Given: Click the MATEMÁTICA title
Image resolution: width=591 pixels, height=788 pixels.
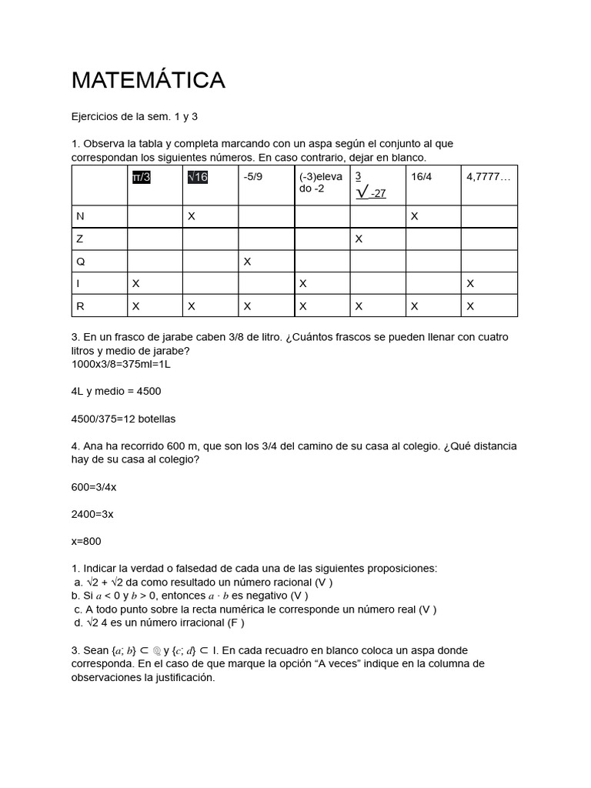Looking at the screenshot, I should (148, 80).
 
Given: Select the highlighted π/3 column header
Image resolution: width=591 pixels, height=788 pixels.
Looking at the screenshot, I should (142, 177).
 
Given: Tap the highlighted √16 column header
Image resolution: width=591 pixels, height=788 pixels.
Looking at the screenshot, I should (198, 177).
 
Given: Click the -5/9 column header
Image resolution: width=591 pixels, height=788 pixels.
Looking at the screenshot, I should (253, 177).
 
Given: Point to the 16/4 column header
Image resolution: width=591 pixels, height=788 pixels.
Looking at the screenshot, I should (421, 177).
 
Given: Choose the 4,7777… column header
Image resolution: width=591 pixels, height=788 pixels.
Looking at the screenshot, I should (488, 177).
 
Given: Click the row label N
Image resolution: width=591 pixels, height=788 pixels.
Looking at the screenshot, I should (80, 217).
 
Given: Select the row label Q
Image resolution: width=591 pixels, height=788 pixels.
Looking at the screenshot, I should (80, 262).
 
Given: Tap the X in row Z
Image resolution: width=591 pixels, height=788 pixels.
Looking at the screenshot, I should (359, 239).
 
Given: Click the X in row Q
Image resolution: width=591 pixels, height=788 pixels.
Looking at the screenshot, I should (247, 262).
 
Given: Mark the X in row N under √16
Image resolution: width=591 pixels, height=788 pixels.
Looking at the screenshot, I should (192, 217).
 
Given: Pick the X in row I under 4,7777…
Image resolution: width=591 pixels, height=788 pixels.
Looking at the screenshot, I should (470, 284).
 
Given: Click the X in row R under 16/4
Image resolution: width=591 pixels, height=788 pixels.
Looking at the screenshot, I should (415, 306).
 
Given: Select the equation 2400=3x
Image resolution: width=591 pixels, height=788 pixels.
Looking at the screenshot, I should (92, 513).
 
